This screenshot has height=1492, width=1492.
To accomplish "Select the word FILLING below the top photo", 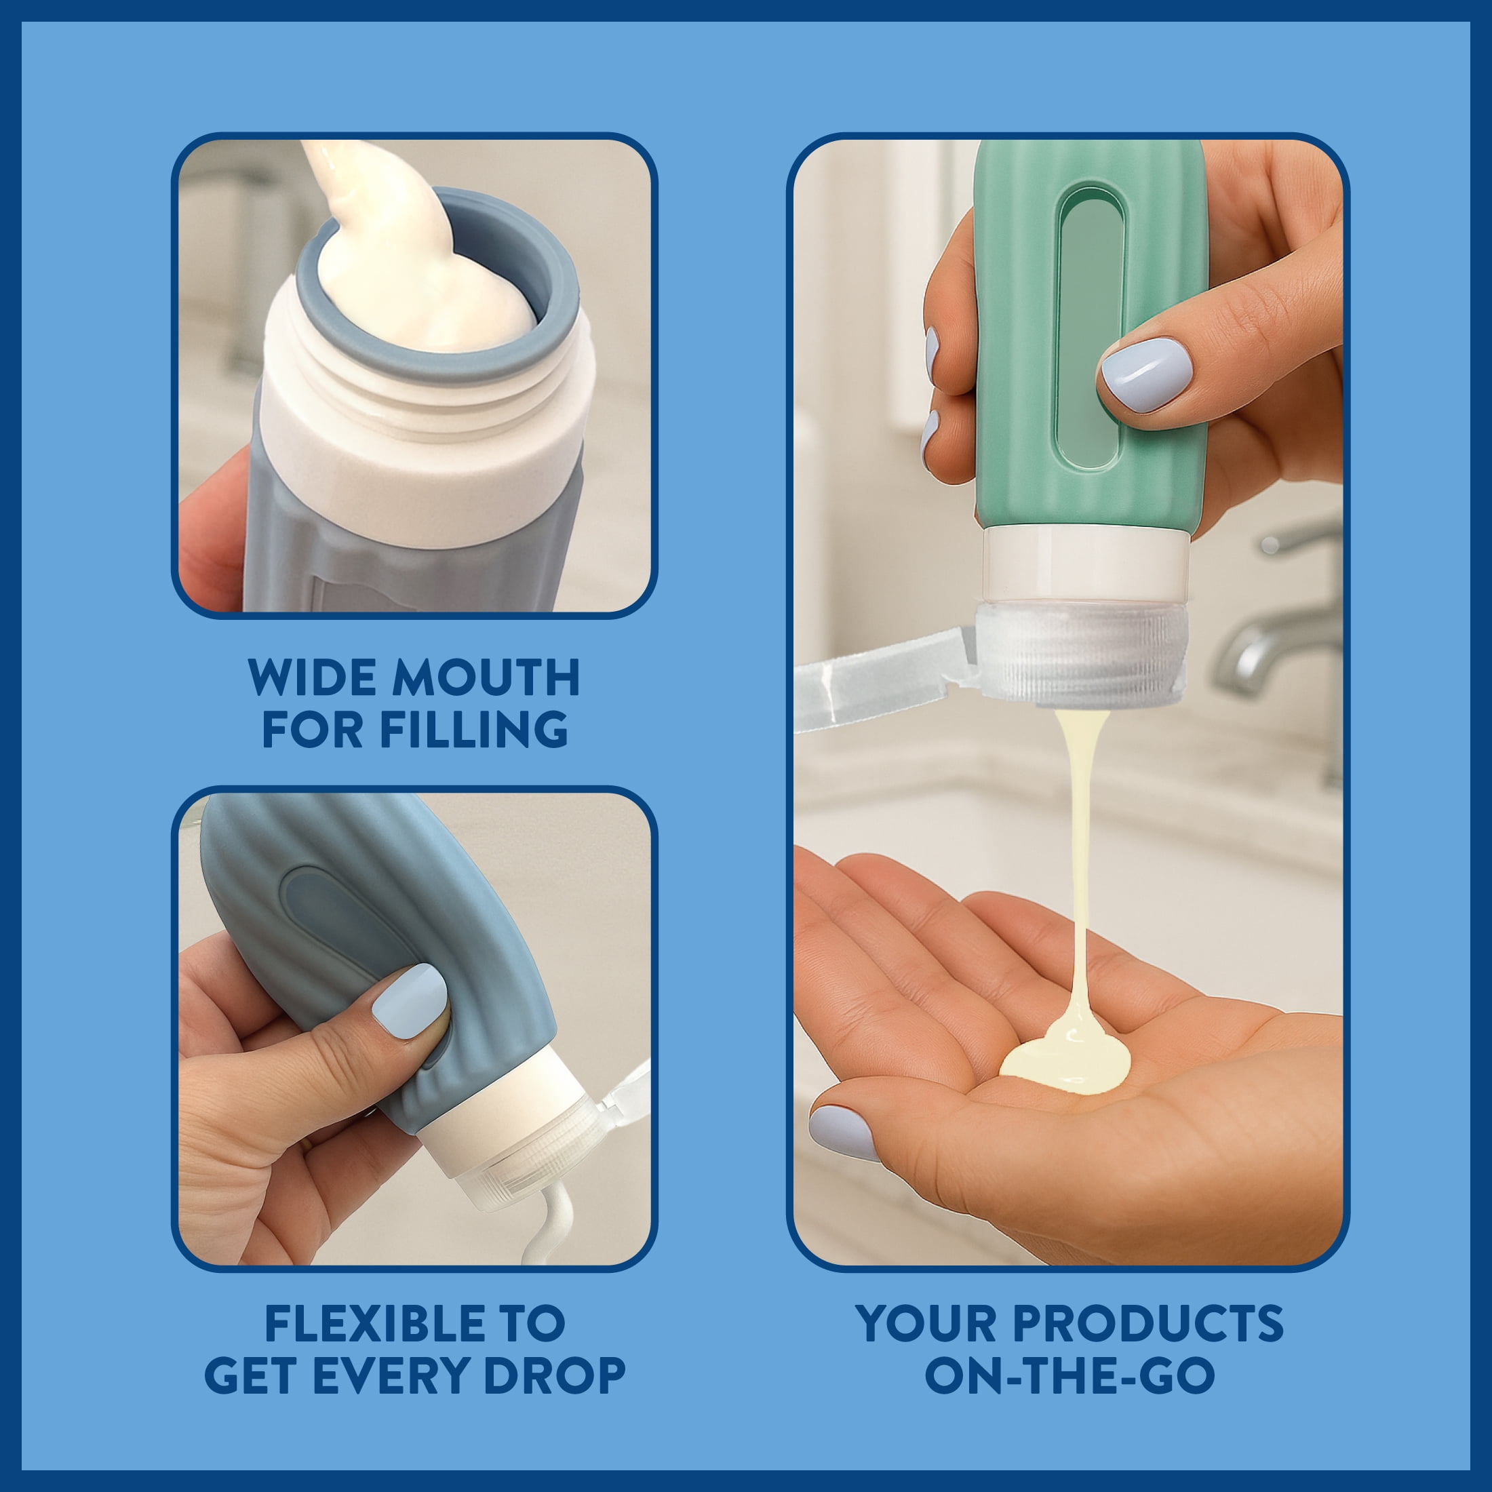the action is coord(474,728).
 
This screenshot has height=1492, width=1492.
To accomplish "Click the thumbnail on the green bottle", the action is coord(1145,374).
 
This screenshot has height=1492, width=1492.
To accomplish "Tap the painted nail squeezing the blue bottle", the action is coord(410,1000).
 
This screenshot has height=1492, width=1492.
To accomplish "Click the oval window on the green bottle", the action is coord(1091,328).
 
